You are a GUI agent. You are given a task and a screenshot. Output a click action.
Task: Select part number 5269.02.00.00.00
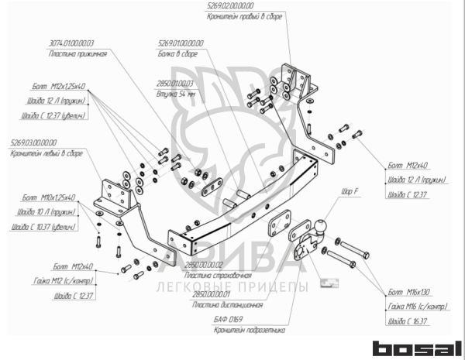tap(235, 5)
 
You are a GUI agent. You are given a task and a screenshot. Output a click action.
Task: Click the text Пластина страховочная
tap(219, 276)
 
